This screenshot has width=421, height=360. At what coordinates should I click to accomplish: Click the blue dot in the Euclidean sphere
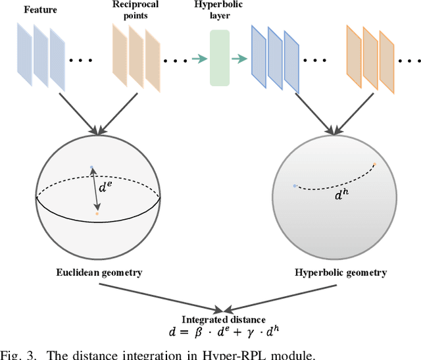coord(91,167)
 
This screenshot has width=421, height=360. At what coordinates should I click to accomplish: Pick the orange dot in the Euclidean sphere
coord(97,213)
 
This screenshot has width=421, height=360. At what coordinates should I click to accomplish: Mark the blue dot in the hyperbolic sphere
coord(295,186)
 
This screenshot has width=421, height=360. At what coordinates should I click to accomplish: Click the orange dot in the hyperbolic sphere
coord(374,165)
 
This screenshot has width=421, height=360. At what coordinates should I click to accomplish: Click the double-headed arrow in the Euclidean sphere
coord(95,190)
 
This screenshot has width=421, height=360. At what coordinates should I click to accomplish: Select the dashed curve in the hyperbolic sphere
coord(335,182)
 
